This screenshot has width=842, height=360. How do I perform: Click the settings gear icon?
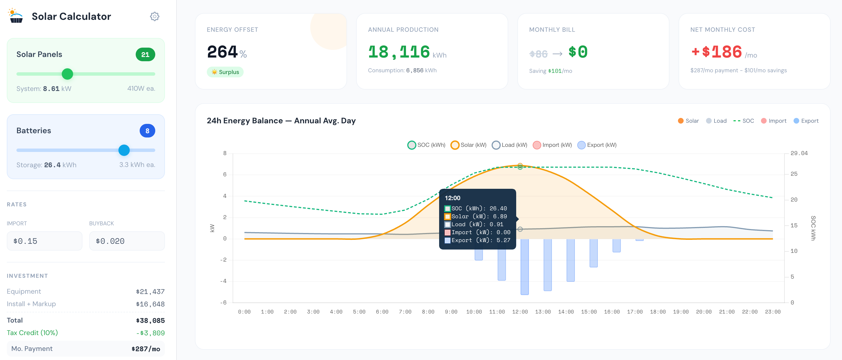155,16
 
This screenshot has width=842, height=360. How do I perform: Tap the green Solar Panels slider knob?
67,74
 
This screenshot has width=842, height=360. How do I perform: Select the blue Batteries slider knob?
124,150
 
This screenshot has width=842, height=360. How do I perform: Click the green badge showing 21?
145,55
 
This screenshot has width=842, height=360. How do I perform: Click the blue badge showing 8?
147,131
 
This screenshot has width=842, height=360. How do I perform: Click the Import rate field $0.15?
44,241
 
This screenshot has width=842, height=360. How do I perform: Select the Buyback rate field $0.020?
127,241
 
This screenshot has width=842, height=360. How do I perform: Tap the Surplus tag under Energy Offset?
225,72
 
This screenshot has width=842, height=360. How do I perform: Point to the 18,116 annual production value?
399,52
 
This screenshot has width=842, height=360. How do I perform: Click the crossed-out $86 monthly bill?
538,54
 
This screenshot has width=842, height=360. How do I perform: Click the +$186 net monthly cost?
716,52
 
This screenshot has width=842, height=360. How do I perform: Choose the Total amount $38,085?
150,320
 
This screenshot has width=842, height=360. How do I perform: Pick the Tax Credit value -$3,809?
150,333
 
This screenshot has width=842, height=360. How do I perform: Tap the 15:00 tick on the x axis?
589,312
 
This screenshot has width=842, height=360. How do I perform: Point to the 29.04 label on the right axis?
799,153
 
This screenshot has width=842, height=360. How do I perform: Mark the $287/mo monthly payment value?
146,349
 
